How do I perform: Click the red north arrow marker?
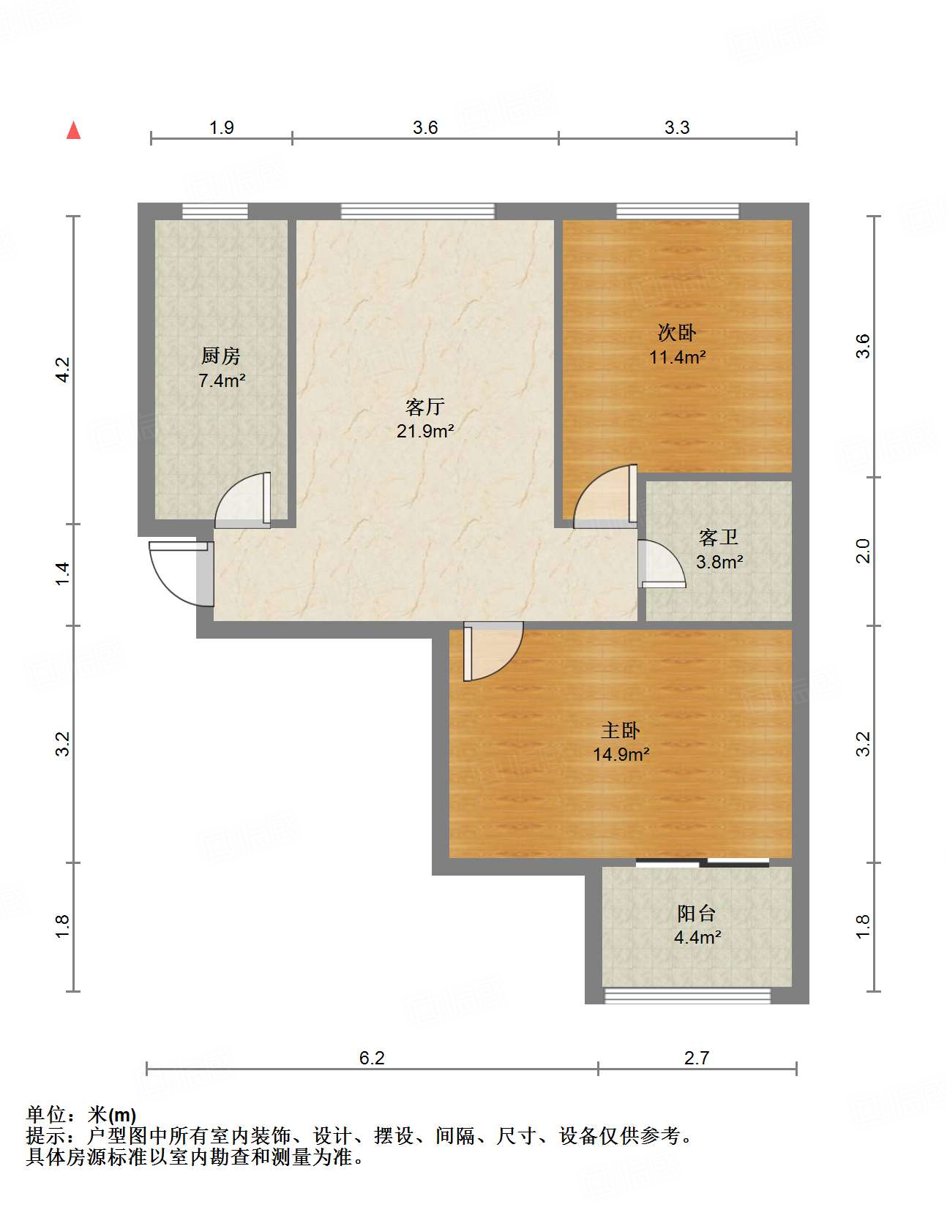coord(73,130)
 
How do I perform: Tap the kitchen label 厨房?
coord(220,356)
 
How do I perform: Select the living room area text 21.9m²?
coord(425,431)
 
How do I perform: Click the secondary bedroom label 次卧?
coord(676,333)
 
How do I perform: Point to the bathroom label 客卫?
coord(718,538)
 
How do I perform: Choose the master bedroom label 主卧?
coord(621,731)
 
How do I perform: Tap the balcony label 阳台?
coord(697,914)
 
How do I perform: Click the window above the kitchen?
coord(215,211)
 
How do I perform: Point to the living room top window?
coord(417,211)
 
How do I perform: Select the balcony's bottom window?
coord(687,996)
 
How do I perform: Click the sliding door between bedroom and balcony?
coord(702,862)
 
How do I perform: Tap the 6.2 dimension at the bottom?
coord(372,1059)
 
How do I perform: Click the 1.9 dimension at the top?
coord(221,128)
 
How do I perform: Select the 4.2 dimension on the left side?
coord(63,369)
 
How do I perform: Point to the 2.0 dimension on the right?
coord(863,551)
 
